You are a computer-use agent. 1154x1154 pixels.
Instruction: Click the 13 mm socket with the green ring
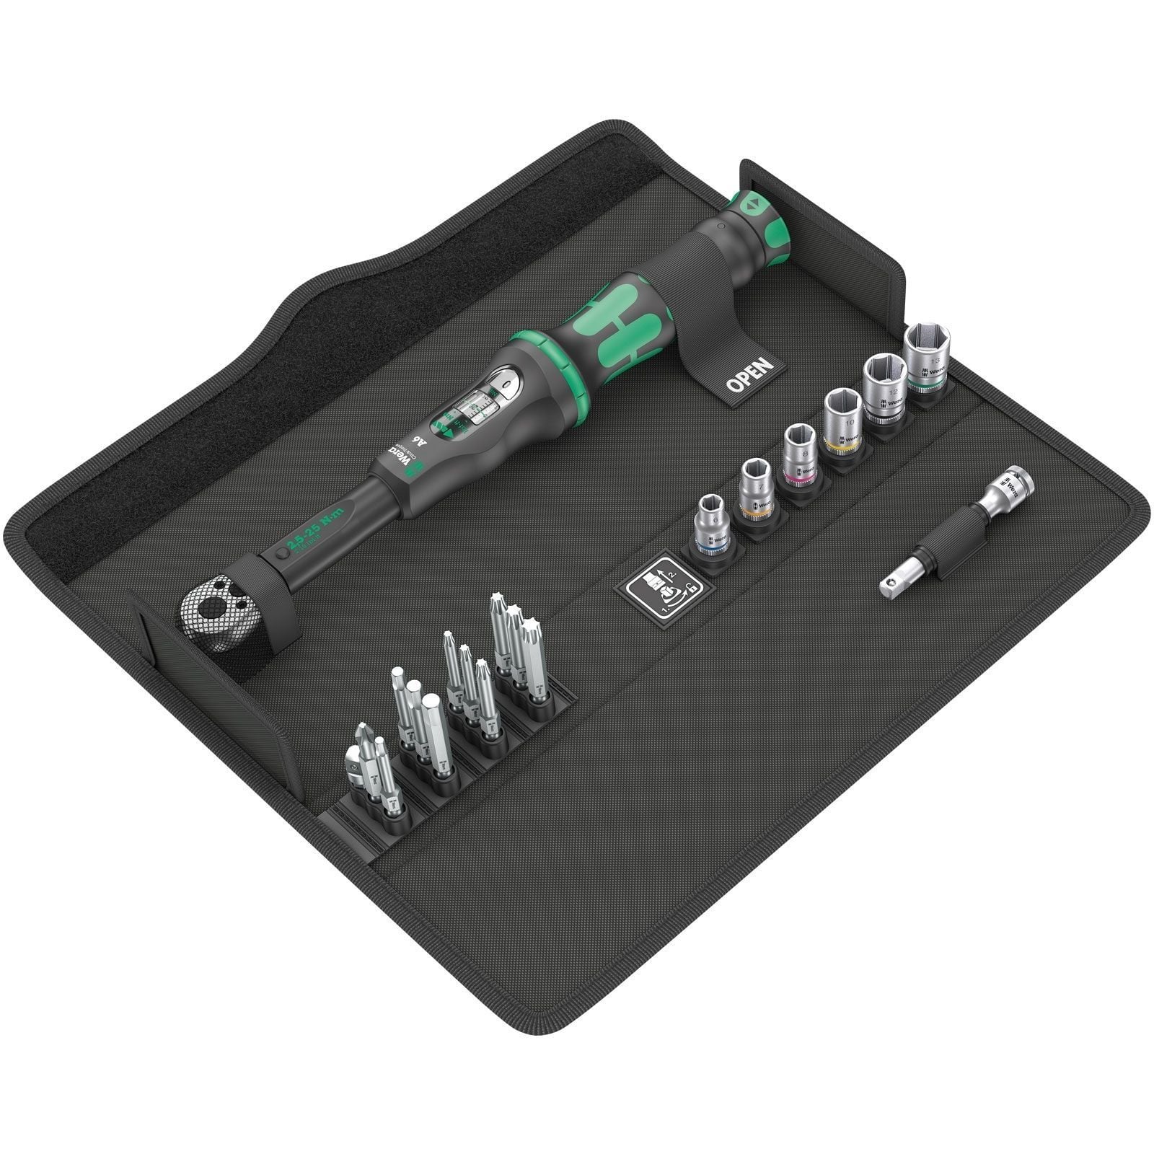pyautogui.click(x=927, y=356)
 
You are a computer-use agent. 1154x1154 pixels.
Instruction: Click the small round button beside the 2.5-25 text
pyautogui.click(x=280, y=556)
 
